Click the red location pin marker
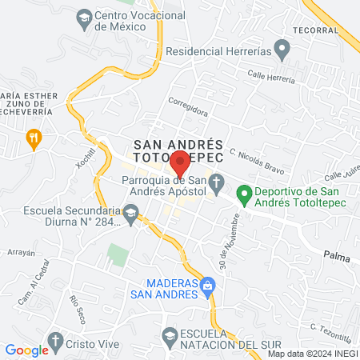coord(181,162)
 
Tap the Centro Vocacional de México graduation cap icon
coord(83,16)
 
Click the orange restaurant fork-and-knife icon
coord(34,138)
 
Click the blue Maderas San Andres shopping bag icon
coord(207,284)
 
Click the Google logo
coord(26,350)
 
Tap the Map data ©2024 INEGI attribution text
coord(312,353)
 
